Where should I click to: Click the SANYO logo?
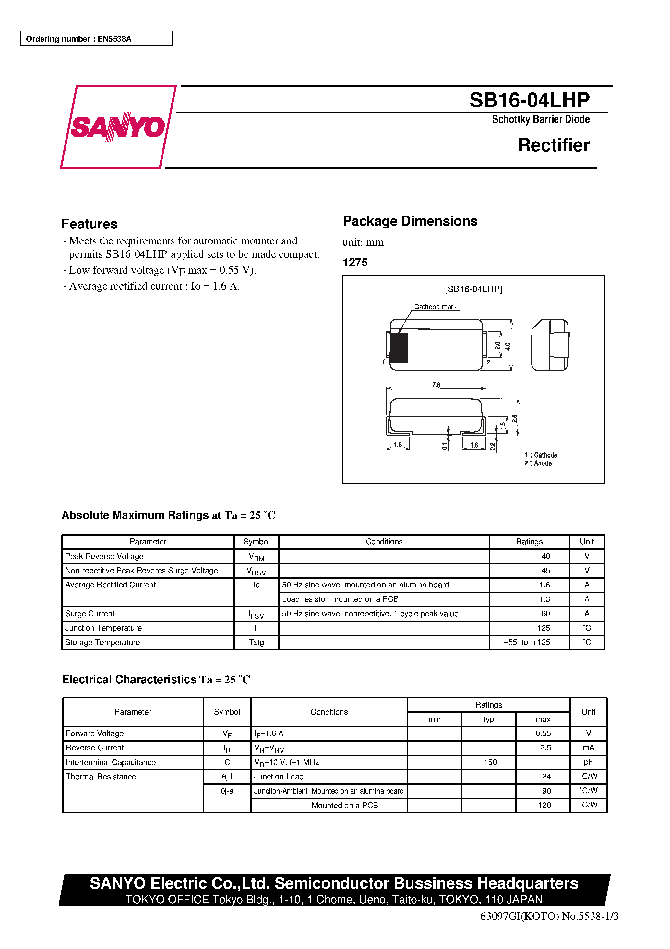tap(118, 127)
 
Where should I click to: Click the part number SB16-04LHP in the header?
tap(529, 100)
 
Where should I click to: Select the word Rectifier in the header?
tap(554, 145)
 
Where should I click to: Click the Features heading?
tap(89, 224)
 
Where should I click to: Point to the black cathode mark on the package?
tap(399, 348)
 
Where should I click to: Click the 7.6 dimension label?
tap(436, 385)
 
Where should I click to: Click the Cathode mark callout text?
tap(436, 307)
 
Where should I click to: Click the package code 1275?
tap(355, 263)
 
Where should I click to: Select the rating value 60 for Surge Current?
tap(545, 614)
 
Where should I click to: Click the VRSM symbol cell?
tap(257, 571)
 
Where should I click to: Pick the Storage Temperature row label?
tap(102, 642)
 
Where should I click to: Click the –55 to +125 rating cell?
tap(527, 642)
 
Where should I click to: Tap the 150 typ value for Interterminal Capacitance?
tap(490, 762)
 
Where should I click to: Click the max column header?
tap(543, 719)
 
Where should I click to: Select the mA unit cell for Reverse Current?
tap(588, 748)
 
